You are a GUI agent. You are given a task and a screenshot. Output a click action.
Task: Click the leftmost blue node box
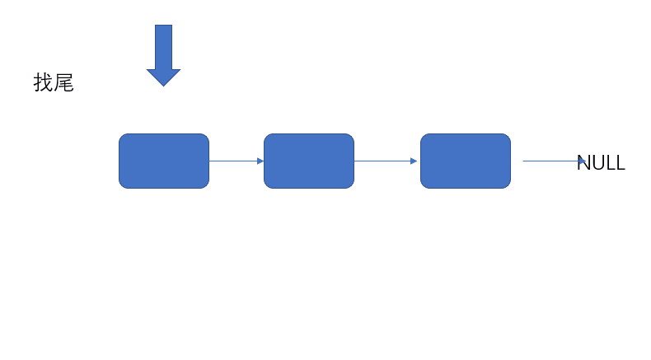coord(164,161)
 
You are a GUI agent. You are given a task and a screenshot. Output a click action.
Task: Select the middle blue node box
coord(309,161)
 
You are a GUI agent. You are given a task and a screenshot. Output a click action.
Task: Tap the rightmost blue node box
coord(466,161)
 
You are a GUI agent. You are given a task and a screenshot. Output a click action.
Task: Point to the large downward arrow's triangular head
coord(164,77)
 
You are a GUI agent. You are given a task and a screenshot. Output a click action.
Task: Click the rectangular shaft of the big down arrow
coord(164,47)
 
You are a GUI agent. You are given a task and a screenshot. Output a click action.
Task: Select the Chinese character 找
coord(43,82)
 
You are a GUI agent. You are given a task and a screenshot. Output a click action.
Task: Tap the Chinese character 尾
coord(63,82)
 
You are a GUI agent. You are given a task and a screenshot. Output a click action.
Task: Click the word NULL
coord(602,163)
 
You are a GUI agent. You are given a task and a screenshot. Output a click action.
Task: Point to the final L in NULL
coord(620,163)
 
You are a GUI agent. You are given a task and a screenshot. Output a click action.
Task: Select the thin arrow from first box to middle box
coord(237,161)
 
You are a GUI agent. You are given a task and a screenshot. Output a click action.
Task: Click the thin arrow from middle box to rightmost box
coord(386,161)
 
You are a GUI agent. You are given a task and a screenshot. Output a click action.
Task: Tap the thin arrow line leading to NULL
coord(555,161)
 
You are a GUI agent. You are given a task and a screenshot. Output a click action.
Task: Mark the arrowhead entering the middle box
coord(260,161)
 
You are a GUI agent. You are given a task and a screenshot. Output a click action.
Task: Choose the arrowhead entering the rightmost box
coord(414,161)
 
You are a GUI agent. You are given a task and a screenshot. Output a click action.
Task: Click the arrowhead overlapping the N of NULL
coord(583,161)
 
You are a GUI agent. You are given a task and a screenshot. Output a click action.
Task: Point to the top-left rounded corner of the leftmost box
coord(122,137)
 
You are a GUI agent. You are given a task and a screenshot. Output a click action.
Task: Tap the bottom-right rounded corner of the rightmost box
coord(508,185)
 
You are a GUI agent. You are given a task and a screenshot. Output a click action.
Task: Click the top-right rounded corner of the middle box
coord(351,137)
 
